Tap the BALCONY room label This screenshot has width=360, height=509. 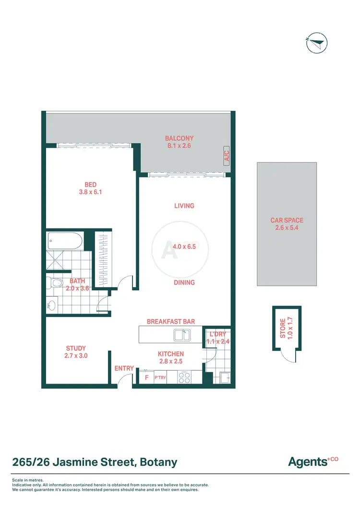click(x=179, y=138)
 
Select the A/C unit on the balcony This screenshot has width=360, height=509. click(x=227, y=155)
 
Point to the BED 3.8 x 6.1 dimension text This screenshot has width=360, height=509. click(x=91, y=192)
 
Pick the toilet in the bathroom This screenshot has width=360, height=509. click(x=55, y=283)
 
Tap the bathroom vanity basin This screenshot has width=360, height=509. click(x=52, y=305)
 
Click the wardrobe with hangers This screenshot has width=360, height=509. click(x=101, y=260)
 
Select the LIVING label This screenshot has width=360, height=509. click(x=184, y=206)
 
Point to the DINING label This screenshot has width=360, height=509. click(x=184, y=283)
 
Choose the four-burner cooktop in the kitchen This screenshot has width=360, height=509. click(x=185, y=377)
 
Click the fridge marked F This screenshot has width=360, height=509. click(x=146, y=378)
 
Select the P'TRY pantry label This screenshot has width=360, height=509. click(x=160, y=378)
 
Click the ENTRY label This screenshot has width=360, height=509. click(x=124, y=368)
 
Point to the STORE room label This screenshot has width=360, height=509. click(x=283, y=328)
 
